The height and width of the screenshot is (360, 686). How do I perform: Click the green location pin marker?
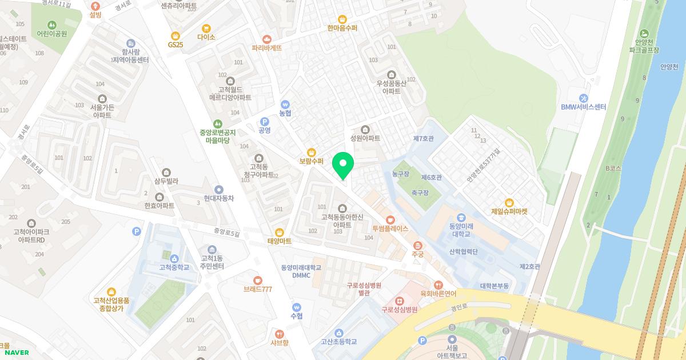point(343,165)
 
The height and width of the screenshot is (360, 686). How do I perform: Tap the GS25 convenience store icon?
point(176,35)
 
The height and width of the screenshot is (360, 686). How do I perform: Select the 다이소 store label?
point(206,37)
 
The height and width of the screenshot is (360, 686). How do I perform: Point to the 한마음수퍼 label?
point(342,27)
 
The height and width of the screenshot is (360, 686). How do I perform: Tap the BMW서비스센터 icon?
point(584,98)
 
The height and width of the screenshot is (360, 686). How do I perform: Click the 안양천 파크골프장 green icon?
point(645,33)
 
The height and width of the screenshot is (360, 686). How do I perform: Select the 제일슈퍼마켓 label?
point(509,211)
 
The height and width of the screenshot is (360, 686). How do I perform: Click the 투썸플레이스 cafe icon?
point(390,219)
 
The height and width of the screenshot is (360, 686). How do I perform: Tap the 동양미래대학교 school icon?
point(461,217)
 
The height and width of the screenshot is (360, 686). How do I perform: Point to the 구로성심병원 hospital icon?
point(400,301)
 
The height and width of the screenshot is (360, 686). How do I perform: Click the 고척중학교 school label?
point(174,267)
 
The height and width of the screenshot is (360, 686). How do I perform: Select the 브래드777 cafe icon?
point(257,280)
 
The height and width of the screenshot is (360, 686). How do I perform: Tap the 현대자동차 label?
point(219,198)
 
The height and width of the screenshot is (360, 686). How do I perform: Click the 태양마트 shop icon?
point(280,232)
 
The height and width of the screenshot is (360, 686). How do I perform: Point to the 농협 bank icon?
point(285,105)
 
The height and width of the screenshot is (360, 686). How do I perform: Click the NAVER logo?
point(16,353)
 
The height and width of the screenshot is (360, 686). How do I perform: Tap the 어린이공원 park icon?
point(52,25)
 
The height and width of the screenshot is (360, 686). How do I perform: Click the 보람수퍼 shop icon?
point(312,152)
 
